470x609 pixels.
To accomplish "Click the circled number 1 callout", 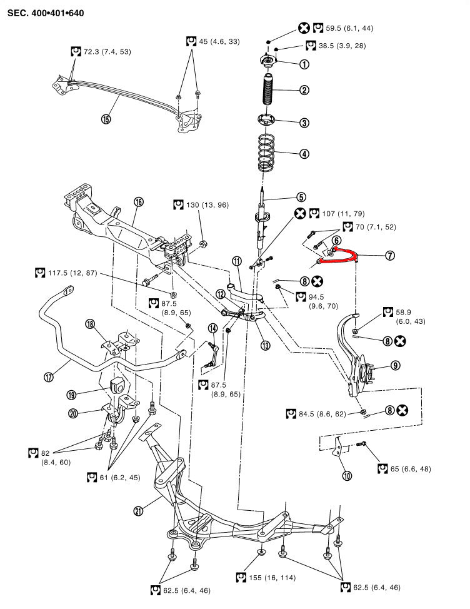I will coord(304,64).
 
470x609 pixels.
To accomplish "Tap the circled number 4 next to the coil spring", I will coord(304,153).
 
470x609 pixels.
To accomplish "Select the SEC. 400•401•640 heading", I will coord(46,13).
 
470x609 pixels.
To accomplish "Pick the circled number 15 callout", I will coord(106,119).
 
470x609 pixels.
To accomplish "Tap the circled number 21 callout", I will coord(139,511).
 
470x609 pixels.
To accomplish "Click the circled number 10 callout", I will coord(347,475).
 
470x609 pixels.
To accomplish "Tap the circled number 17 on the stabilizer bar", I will coord(49,376).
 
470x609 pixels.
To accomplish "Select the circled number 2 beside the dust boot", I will coord(304,90).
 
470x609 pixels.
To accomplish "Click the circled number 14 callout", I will coord(213,328).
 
